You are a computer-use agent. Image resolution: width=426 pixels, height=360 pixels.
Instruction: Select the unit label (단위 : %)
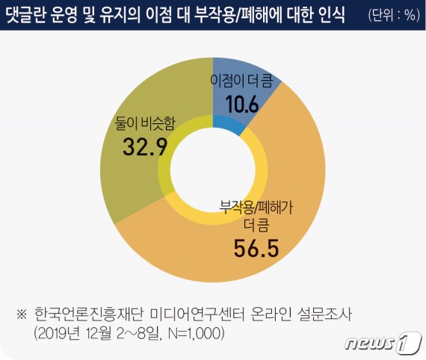click(392, 16)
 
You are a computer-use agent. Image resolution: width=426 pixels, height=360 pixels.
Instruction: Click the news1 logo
click(380, 342)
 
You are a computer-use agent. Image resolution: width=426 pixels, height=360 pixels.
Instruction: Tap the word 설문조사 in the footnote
click(327, 314)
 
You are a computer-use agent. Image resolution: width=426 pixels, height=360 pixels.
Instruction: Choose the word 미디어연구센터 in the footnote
click(194, 314)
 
